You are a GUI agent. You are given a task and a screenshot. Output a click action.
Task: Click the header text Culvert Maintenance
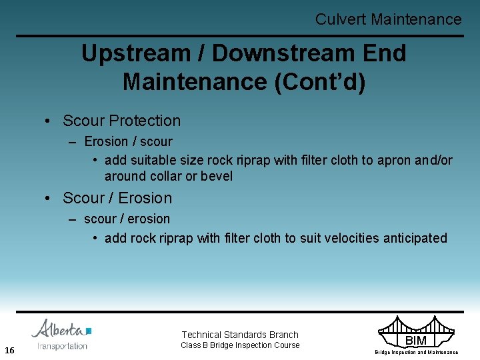point(388,19)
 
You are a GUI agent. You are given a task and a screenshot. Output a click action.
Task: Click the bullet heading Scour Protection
point(121,121)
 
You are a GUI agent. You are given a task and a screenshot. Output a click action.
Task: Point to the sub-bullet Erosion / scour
point(128,141)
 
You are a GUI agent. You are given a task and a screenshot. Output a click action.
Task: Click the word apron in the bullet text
point(395,161)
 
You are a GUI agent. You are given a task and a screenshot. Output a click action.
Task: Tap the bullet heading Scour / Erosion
point(117,198)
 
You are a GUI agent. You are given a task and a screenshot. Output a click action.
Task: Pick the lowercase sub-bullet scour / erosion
point(127,219)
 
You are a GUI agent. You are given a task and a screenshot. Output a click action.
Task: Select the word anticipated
point(415,238)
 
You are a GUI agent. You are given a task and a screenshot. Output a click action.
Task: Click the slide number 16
point(9,351)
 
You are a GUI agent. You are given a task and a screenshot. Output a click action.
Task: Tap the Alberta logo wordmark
point(60,330)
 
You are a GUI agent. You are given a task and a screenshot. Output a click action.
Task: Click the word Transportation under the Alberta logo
point(62,346)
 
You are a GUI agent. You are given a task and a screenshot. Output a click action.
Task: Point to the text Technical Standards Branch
point(240,335)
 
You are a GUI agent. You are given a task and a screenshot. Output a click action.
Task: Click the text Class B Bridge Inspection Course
point(240,345)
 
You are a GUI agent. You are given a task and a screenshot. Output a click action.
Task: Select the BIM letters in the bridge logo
point(416,341)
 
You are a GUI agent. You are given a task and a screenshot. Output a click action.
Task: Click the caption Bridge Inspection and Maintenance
point(416,352)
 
